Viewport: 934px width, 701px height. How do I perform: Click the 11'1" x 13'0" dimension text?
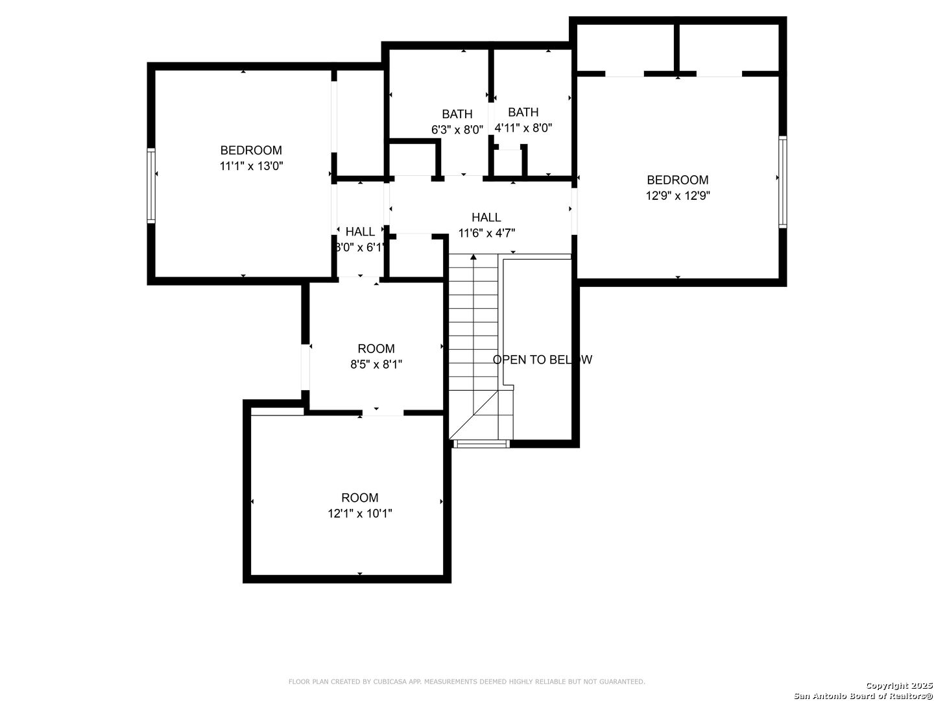[251, 166]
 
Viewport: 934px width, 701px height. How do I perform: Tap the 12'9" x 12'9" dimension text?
[677, 196]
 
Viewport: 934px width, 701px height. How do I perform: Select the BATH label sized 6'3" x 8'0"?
[457, 114]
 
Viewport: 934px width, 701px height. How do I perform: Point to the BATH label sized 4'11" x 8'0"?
[523, 112]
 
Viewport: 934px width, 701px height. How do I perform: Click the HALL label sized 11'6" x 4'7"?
[486, 217]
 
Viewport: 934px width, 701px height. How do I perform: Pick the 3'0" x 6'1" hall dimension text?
[360, 247]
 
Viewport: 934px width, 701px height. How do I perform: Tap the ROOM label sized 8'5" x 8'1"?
[376, 349]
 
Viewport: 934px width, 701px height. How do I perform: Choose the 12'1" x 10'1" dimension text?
[359, 513]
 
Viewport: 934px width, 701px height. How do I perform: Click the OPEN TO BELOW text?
[542, 360]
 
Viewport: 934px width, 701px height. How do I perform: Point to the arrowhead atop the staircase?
[473, 256]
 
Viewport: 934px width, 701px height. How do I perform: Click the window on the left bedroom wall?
[151, 186]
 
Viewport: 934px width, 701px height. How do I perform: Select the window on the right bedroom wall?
[782, 182]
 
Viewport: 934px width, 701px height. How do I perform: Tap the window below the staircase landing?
[481, 444]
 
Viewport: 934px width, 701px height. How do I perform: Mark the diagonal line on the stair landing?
[473, 415]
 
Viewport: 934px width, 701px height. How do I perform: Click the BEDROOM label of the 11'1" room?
[251, 150]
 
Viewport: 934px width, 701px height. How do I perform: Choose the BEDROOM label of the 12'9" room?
[677, 180]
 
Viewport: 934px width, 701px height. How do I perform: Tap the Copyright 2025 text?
[898, 685]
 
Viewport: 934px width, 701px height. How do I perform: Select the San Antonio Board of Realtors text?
[863, 695]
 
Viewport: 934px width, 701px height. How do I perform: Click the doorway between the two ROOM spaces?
[383, 412]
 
